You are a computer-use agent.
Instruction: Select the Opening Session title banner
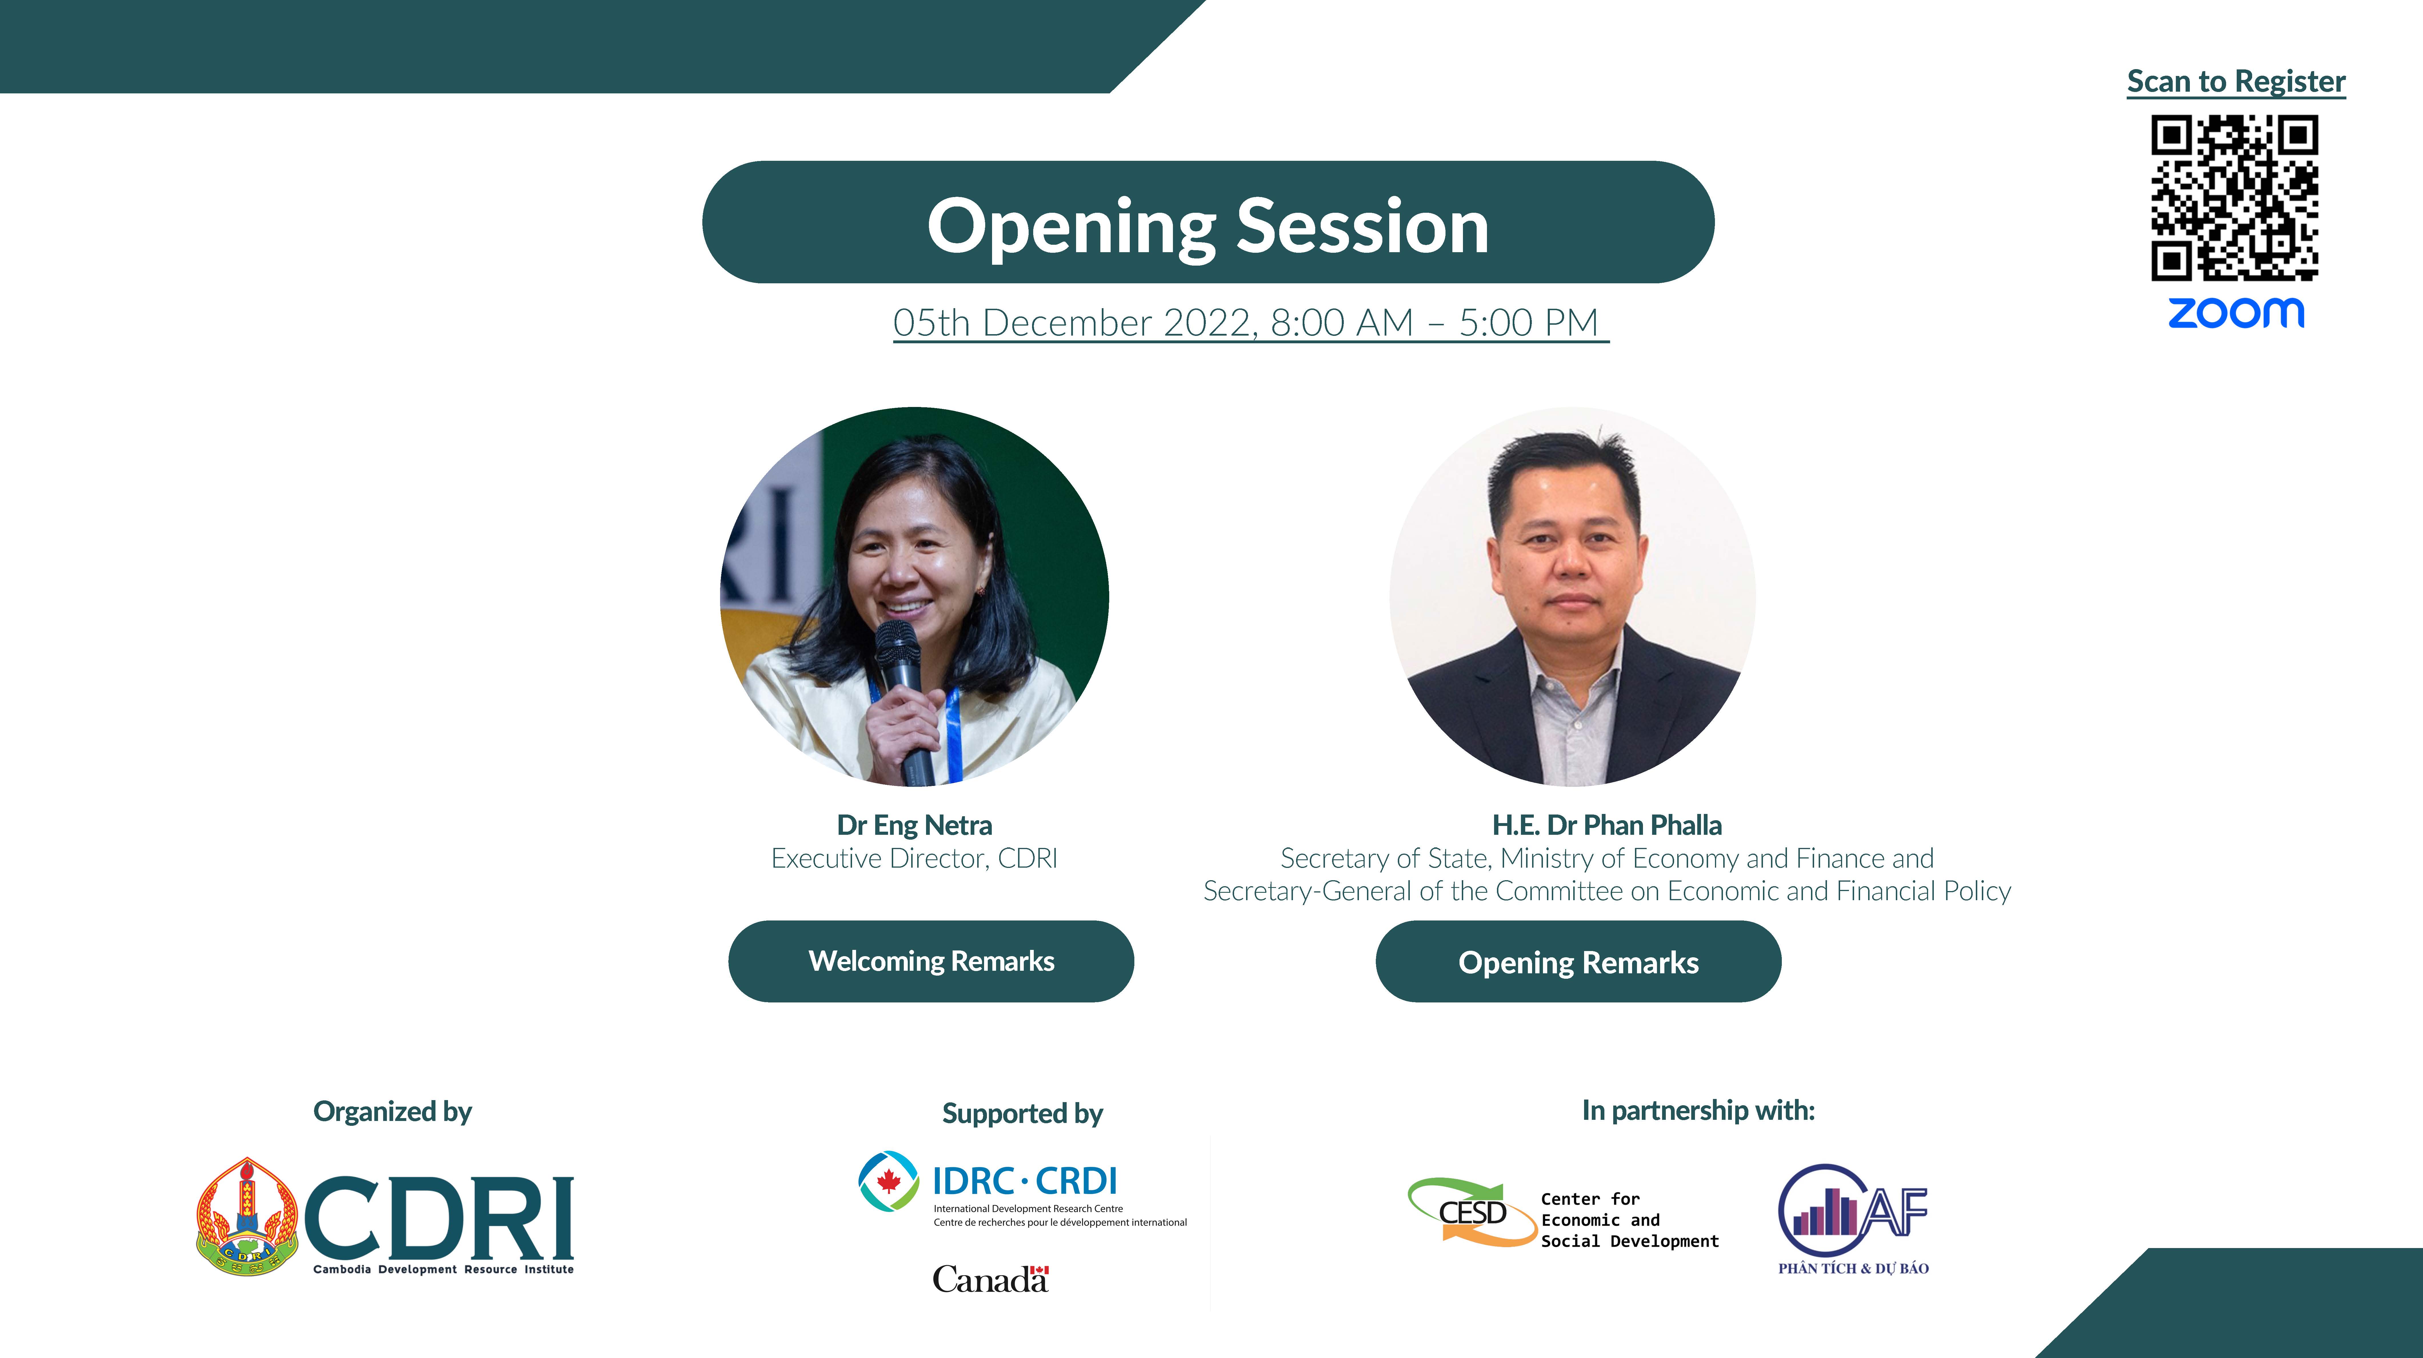pyautogui.click(x=1208, y=222)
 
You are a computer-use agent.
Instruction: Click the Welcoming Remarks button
pyautogui.click(x=931, y=961)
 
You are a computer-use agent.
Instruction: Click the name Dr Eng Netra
pyautogui.click(x=914, y=825)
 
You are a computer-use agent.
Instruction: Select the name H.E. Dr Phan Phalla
pyautogui.click(x=1607, y=825)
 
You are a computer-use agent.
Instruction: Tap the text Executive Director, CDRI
pyautogui.click(x=914, y=858)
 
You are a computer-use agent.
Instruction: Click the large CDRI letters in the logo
pyautogui.click(x=438, y=1218)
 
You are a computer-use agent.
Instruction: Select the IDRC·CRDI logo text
pyautogui.click(x=1024, y=1181)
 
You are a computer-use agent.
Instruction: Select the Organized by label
pyautogui.click(x=392, y=1112)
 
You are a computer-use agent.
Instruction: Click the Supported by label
pyautogui.click(x=1022, y=1114)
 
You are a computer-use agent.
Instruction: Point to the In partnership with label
pyautogui.click(x=1698, y=1111)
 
